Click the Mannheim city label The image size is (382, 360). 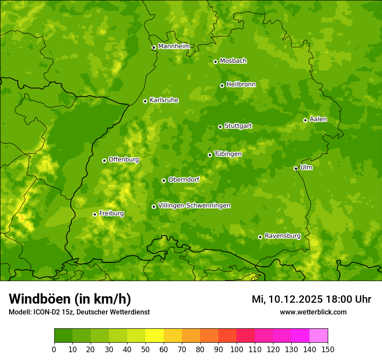(174, 46)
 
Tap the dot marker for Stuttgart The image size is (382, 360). (220, 127)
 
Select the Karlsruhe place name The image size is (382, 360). (164, 100)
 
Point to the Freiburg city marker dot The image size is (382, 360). (95, 214)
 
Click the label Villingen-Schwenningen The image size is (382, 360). (194, 206)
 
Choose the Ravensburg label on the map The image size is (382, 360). (282, 236)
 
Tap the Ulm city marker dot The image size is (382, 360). (296, 168)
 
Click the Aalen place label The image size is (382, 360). (318, 119)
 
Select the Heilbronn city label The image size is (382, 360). (240, 85)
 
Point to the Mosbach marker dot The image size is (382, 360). (215, 62)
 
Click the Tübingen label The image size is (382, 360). (227, 154)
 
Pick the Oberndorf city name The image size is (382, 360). (184, 180)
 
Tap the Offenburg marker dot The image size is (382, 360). (104, 160)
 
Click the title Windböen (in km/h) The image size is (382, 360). (69, 299)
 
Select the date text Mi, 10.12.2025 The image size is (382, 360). (286, 299)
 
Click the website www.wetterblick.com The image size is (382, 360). (313, 312)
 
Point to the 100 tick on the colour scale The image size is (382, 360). (237, 349)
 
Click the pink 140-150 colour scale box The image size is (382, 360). (319, 336)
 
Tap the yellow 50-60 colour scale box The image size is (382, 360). (155, 336)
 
